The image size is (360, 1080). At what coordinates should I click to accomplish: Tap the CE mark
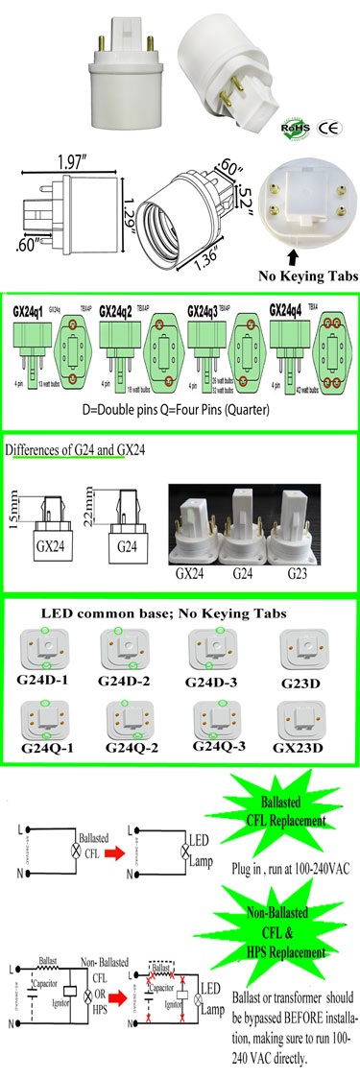326,127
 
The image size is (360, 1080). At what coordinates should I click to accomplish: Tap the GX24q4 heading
288,309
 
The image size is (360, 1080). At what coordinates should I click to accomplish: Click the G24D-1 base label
43,681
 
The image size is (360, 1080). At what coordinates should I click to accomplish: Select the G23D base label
304,681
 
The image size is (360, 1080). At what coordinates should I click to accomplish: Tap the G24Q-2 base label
131,746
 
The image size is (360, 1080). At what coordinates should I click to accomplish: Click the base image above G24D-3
216,648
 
